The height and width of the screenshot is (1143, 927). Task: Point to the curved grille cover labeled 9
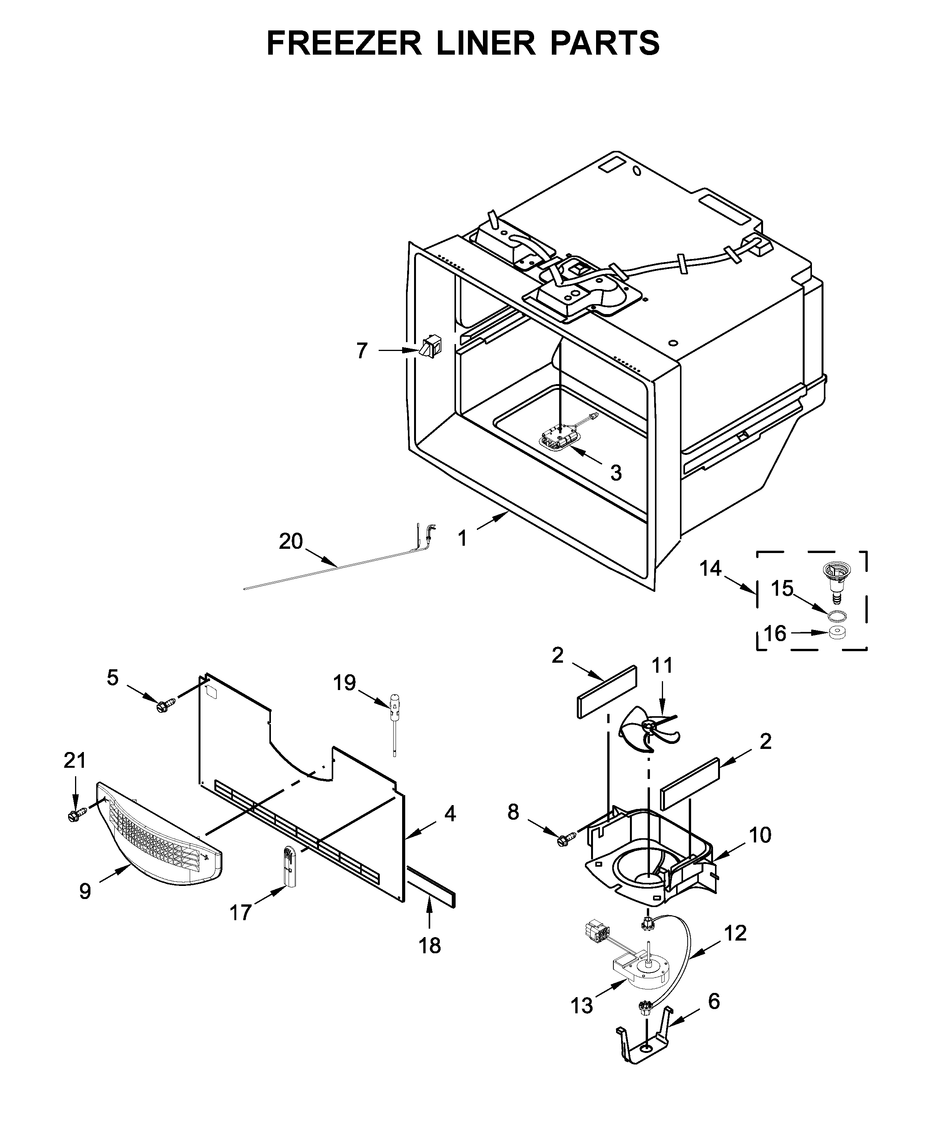160,833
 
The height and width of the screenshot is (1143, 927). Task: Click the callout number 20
291,541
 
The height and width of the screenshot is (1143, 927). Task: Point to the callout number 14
711,569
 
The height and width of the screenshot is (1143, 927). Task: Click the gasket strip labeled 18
431,887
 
